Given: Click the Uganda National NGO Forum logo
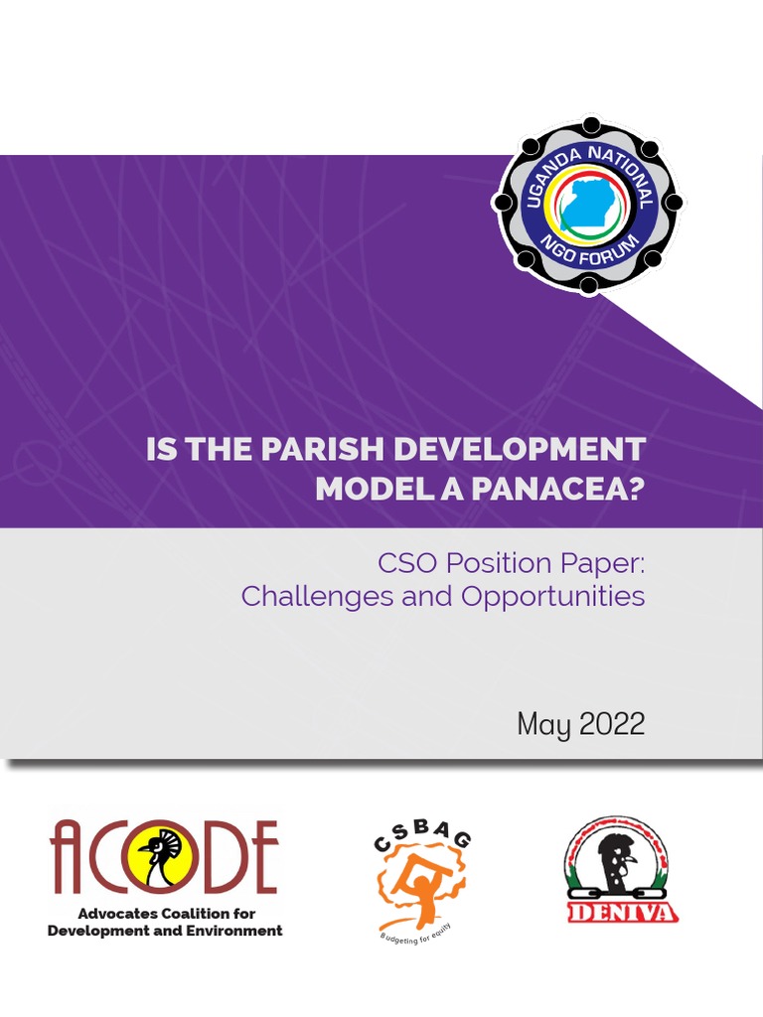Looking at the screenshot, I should tap(589, 205).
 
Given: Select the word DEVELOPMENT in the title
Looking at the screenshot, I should tap(520, 449).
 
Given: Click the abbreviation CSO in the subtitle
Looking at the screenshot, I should tap(406, 563).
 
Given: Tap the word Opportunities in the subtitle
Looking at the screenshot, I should tap(552, 596).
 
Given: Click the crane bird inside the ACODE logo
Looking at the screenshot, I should tap(162, 857).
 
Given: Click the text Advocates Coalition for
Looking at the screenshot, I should tap(165, 914).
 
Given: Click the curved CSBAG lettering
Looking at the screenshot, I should tap(422, 843).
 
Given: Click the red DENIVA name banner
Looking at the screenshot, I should tap(622, 912).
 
